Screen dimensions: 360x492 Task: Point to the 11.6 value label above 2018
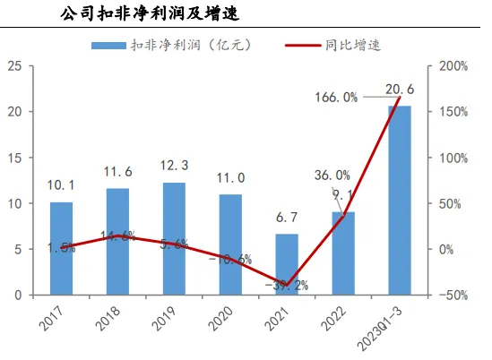pos(118,171)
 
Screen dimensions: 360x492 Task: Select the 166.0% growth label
pos(337,97)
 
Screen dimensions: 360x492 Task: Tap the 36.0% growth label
pos(332,176)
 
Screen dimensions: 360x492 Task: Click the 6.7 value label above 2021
pos(286,218)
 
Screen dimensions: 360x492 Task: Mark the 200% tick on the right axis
pos(451,66)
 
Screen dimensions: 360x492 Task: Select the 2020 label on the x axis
pos(226,318)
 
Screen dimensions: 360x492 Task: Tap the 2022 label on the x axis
pos(338,318)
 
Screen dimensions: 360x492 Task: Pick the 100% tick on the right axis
pos(451,158)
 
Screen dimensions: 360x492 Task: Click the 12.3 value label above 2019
pos(174,166)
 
